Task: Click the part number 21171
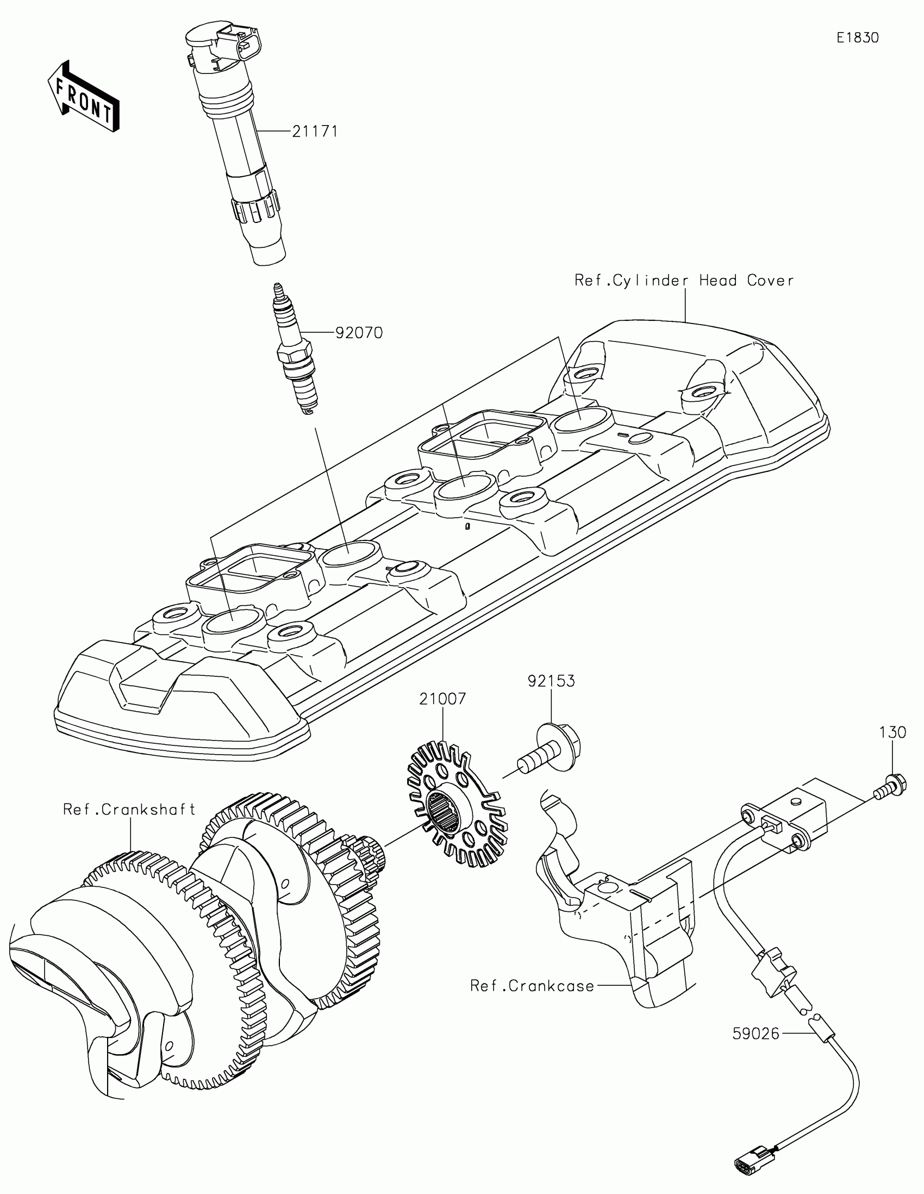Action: (315, 132)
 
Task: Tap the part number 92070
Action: (358, 332)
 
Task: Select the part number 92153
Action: (551, 681)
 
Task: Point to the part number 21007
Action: (442, 699)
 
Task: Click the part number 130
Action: (892, 732)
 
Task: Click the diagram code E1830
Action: (857, 38)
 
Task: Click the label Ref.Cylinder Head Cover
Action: (684, 281)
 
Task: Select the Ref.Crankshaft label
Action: (129, 809)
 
